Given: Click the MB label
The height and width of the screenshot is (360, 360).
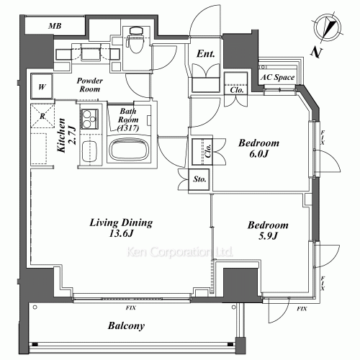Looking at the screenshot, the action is (55, 26).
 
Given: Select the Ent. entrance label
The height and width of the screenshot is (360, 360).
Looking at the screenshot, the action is (205, 54).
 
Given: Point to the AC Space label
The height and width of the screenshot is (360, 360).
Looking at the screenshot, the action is (277, 77).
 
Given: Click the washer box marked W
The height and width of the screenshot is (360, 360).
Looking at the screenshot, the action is (42, 86).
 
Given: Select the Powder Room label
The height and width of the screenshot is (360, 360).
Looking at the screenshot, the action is (90, 85).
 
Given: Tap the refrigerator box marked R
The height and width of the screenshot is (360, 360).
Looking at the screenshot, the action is (42, 116).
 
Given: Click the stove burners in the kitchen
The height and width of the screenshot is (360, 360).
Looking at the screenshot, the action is (89, 119).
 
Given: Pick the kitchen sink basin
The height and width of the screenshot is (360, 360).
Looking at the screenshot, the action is (89, 152).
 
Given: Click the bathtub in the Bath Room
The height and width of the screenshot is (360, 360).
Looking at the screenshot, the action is (129, 149).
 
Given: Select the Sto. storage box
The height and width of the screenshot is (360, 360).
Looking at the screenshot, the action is (199, 180).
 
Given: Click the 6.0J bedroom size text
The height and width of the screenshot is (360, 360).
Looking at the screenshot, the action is (258, 154).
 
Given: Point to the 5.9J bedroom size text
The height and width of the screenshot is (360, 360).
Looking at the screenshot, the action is (268, 236).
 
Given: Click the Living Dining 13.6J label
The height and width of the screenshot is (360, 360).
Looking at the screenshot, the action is (121, 228).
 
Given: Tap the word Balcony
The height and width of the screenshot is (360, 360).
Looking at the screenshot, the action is (126, 325).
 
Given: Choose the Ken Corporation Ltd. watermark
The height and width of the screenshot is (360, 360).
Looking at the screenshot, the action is (179, 252).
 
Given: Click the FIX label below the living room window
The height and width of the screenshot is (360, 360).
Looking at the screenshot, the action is (131, 308).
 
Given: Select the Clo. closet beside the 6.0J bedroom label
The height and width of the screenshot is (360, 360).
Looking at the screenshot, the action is (202, 152).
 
